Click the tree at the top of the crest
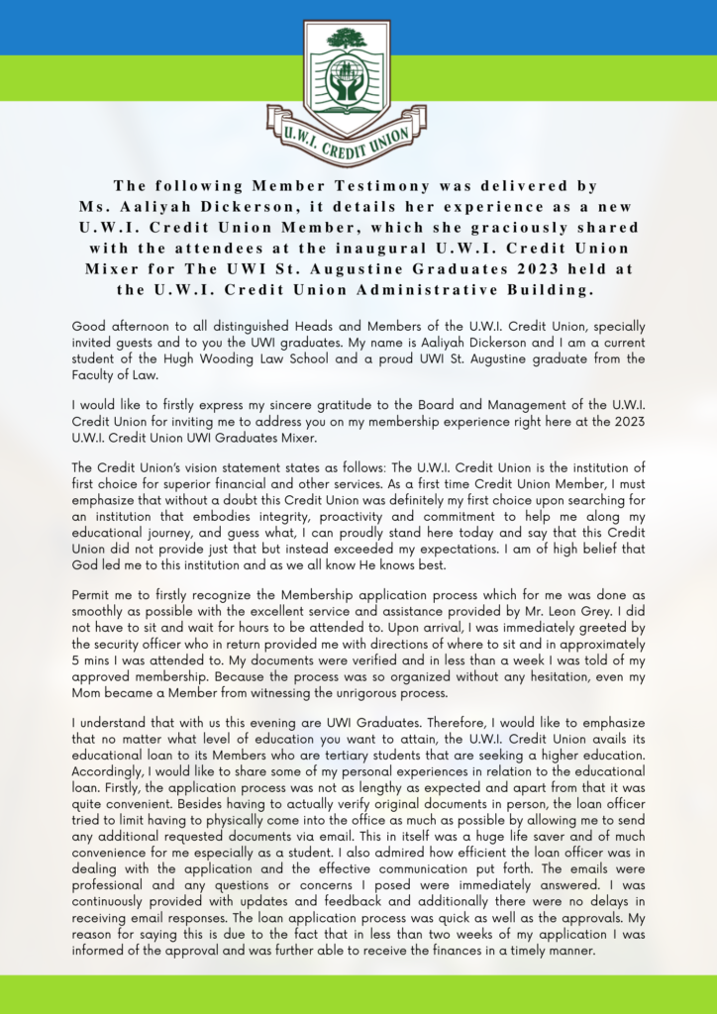tap(346, 40)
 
